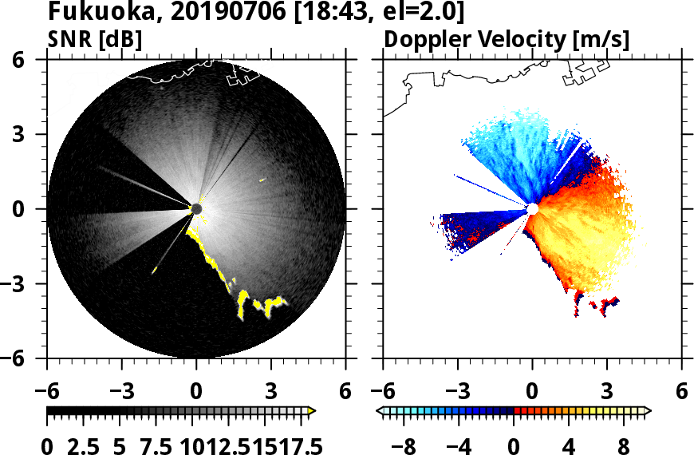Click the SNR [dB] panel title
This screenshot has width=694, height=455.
[95, 39]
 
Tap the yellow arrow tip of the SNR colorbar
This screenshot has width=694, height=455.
[312, 411]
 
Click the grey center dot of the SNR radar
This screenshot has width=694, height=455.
[197, 209]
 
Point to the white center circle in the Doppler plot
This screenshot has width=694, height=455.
[532, 209]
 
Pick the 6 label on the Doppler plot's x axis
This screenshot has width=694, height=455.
[681, 390]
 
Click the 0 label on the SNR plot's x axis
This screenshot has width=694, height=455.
[196, 390]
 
